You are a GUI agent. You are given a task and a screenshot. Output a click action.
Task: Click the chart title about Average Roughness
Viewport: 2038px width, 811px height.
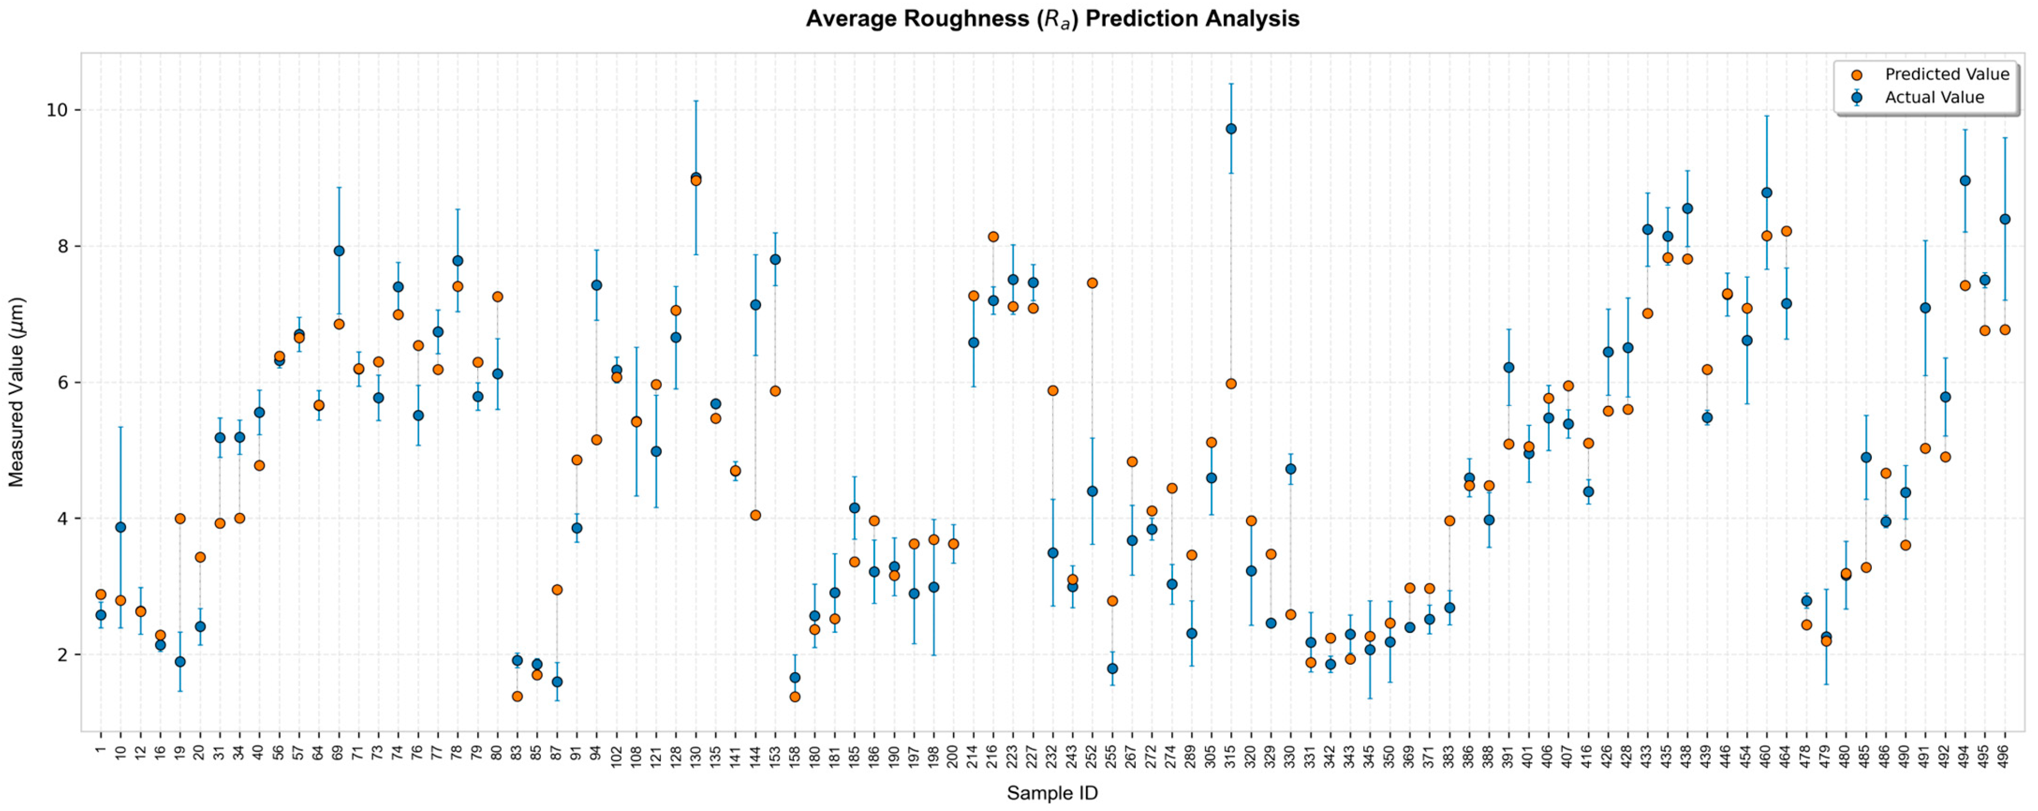click(x=1052, y=19)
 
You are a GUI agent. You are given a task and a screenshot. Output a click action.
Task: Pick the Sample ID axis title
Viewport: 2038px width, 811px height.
click(x=1052, y=793)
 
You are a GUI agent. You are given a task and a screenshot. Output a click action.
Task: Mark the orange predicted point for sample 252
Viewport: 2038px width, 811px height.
click(x=1092, y=283)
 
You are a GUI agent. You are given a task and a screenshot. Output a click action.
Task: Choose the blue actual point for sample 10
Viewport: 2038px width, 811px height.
click(x=120, y=527)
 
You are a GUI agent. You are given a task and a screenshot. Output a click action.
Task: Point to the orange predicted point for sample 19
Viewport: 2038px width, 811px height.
click(x=180, y=519)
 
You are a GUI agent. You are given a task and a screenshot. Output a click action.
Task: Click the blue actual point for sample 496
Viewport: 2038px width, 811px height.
click(x=2005, y=219)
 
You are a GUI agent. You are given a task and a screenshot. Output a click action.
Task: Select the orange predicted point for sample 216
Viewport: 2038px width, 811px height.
click(x=993, y=236)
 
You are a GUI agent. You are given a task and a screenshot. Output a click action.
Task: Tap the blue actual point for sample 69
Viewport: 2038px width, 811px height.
click(x=338, y=251)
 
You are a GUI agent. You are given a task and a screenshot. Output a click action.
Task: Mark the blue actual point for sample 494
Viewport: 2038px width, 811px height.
click(x=1964, y=181)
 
